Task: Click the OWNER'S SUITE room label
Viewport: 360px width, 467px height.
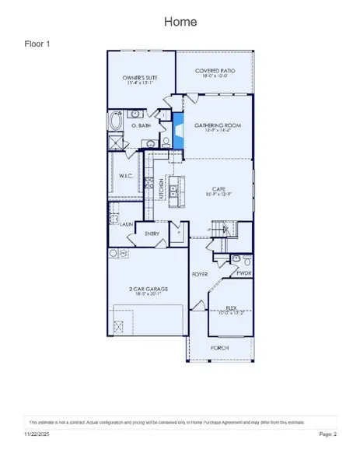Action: [141, 79]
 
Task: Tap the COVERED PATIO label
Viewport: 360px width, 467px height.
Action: [215, 71]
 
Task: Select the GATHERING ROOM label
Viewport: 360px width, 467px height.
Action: [215, 125]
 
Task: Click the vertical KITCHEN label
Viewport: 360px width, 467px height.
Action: [162, 189]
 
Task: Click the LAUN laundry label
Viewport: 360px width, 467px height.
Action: [126, 223]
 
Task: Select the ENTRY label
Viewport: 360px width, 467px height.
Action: [152, 233]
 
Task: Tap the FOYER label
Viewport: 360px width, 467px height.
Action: [201, 275]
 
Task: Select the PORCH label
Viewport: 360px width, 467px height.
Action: [220, 347]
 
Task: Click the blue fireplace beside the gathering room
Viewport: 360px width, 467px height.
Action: [178, 129]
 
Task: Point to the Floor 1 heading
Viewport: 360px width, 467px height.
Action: [38, 44]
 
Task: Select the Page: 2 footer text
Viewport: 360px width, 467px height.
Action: [327, 434]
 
